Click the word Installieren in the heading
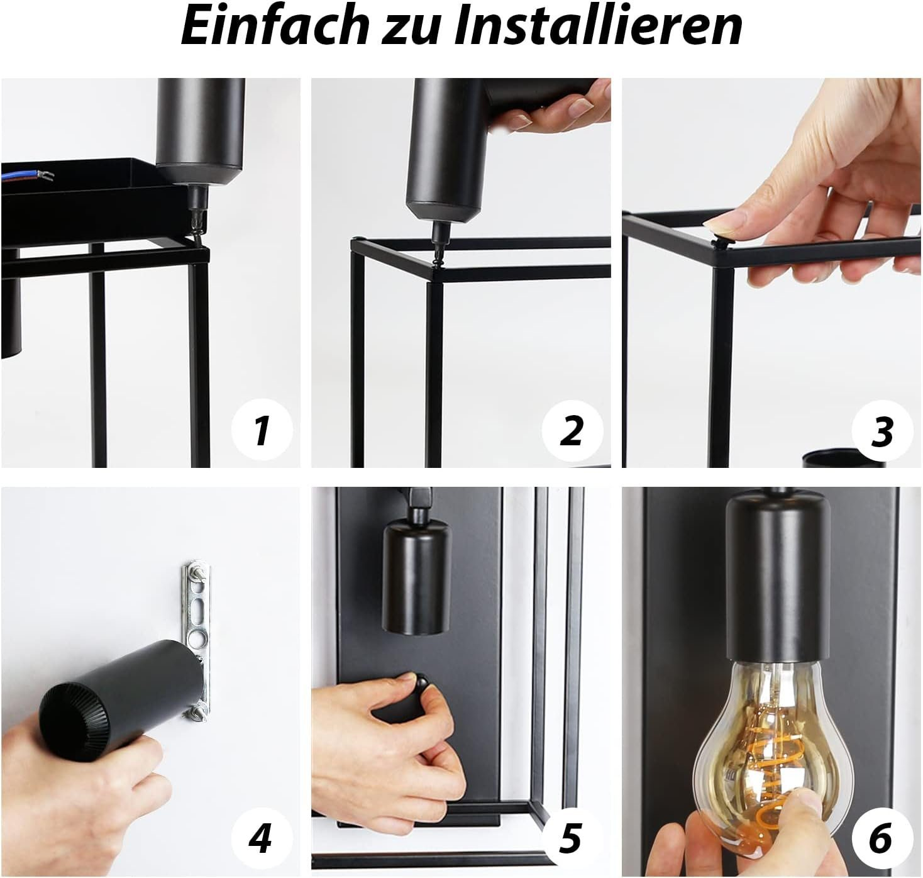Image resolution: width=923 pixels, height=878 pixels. point(596,26)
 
